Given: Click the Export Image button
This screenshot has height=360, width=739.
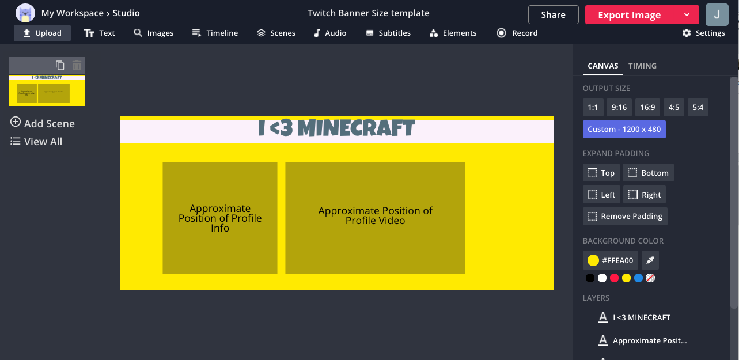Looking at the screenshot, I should (x=629, y=15).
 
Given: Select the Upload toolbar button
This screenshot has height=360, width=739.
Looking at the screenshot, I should (x=42, y=33).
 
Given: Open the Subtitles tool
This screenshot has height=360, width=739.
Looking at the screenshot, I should (x=388, y=33).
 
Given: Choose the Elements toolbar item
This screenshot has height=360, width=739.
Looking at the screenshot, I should (x=453, y=33).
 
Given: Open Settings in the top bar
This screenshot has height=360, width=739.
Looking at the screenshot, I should (x=703, y=33).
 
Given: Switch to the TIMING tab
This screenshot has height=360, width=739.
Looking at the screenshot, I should (x=642, y=66).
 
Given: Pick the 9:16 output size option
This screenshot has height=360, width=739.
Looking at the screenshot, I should (x=619, y=107).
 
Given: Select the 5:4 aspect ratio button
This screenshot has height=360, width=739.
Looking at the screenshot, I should (x=698, y=107).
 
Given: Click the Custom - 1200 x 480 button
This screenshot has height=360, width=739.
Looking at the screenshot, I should (x=624, y=129).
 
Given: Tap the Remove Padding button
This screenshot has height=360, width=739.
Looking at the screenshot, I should (x=625, y=216).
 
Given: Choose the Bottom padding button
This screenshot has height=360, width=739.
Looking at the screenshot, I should (x=648, y=173).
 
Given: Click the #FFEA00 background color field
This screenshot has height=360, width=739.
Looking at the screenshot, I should (x=610, y=260).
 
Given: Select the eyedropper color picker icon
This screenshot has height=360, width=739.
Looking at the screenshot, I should (x=650, y=260).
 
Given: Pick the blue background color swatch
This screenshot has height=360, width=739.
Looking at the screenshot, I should (x=638, y=278).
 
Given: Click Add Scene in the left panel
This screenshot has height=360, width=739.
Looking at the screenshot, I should (x=43, y=123).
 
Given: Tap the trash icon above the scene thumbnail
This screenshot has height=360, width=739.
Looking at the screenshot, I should (x=77, y=66).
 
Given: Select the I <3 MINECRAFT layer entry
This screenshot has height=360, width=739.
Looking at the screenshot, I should (x=641, y=317).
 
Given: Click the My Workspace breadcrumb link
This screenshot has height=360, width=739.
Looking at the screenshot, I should (x=72, y=13).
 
